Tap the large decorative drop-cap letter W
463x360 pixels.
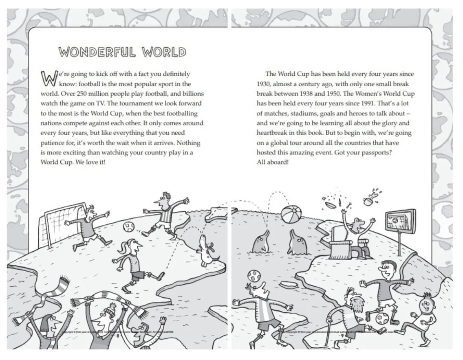(48, 78)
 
